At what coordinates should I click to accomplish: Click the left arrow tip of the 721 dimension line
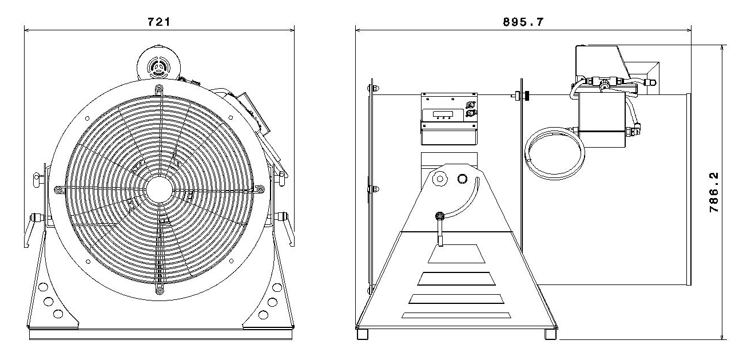tap(25, 30)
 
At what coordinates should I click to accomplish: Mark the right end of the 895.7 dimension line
tap(691, 30)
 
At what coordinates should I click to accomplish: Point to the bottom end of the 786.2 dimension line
tap(722, 339)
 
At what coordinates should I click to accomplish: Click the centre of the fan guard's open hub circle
tap(159, 189)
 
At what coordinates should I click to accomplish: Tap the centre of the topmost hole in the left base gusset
tap(43, 287)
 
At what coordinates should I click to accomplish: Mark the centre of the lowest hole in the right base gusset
tap(263, 315)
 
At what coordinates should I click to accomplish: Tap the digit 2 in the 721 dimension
tap(159, 22)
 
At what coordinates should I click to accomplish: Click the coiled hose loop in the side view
tap(555, 153)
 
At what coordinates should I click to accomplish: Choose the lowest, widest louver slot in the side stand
tap(456, 315)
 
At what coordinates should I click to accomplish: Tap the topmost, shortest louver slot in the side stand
tap(456, 254)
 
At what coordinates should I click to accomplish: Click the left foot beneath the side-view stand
tap(362, 334)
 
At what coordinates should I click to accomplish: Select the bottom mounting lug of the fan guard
tap(160, 290)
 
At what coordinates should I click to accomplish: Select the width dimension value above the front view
tap(159, 22)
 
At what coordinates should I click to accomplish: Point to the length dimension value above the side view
tap(523, 22)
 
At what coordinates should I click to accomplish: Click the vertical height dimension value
tap(714, 192)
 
